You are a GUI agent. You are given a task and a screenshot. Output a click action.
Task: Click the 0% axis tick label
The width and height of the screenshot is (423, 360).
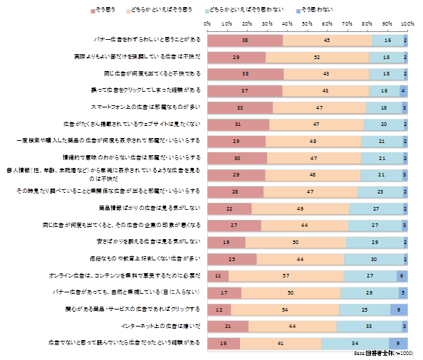(207, 24)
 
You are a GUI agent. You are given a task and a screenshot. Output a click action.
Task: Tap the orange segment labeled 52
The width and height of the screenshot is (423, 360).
(317, 57)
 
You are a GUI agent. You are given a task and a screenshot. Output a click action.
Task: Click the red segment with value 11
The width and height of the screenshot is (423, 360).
(218, 275)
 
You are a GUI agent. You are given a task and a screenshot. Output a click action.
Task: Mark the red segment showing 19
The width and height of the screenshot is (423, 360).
(226, 242)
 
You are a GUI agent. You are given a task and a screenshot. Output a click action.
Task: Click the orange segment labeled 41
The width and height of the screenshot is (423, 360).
(280, 343)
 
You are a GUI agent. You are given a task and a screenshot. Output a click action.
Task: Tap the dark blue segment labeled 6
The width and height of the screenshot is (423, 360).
(402, 275)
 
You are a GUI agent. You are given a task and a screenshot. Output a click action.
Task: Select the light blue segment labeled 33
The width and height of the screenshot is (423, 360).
(368, 326)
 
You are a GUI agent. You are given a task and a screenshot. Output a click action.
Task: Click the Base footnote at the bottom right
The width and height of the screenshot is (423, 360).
(385, 353)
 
